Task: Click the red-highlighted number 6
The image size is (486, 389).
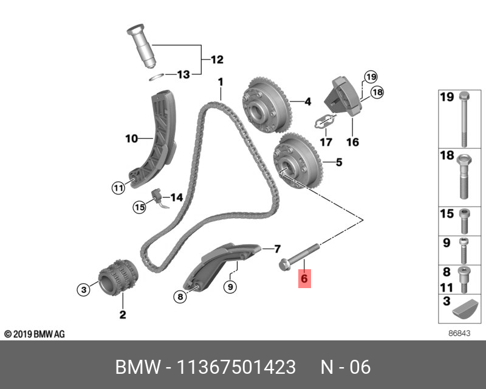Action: pos(304,279)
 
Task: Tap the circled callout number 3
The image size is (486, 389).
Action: pos(84,290)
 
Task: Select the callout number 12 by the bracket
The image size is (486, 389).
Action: pos(217,60)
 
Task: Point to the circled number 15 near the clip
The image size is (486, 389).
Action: pos(140,207)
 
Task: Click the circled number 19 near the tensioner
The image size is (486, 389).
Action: pos(371,77)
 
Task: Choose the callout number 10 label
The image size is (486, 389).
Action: pos(132,139)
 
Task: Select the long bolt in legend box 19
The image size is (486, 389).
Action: pos(465,118)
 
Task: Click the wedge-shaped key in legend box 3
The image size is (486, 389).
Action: pos(463,309)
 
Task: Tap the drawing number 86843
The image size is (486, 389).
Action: pos(459,334)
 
